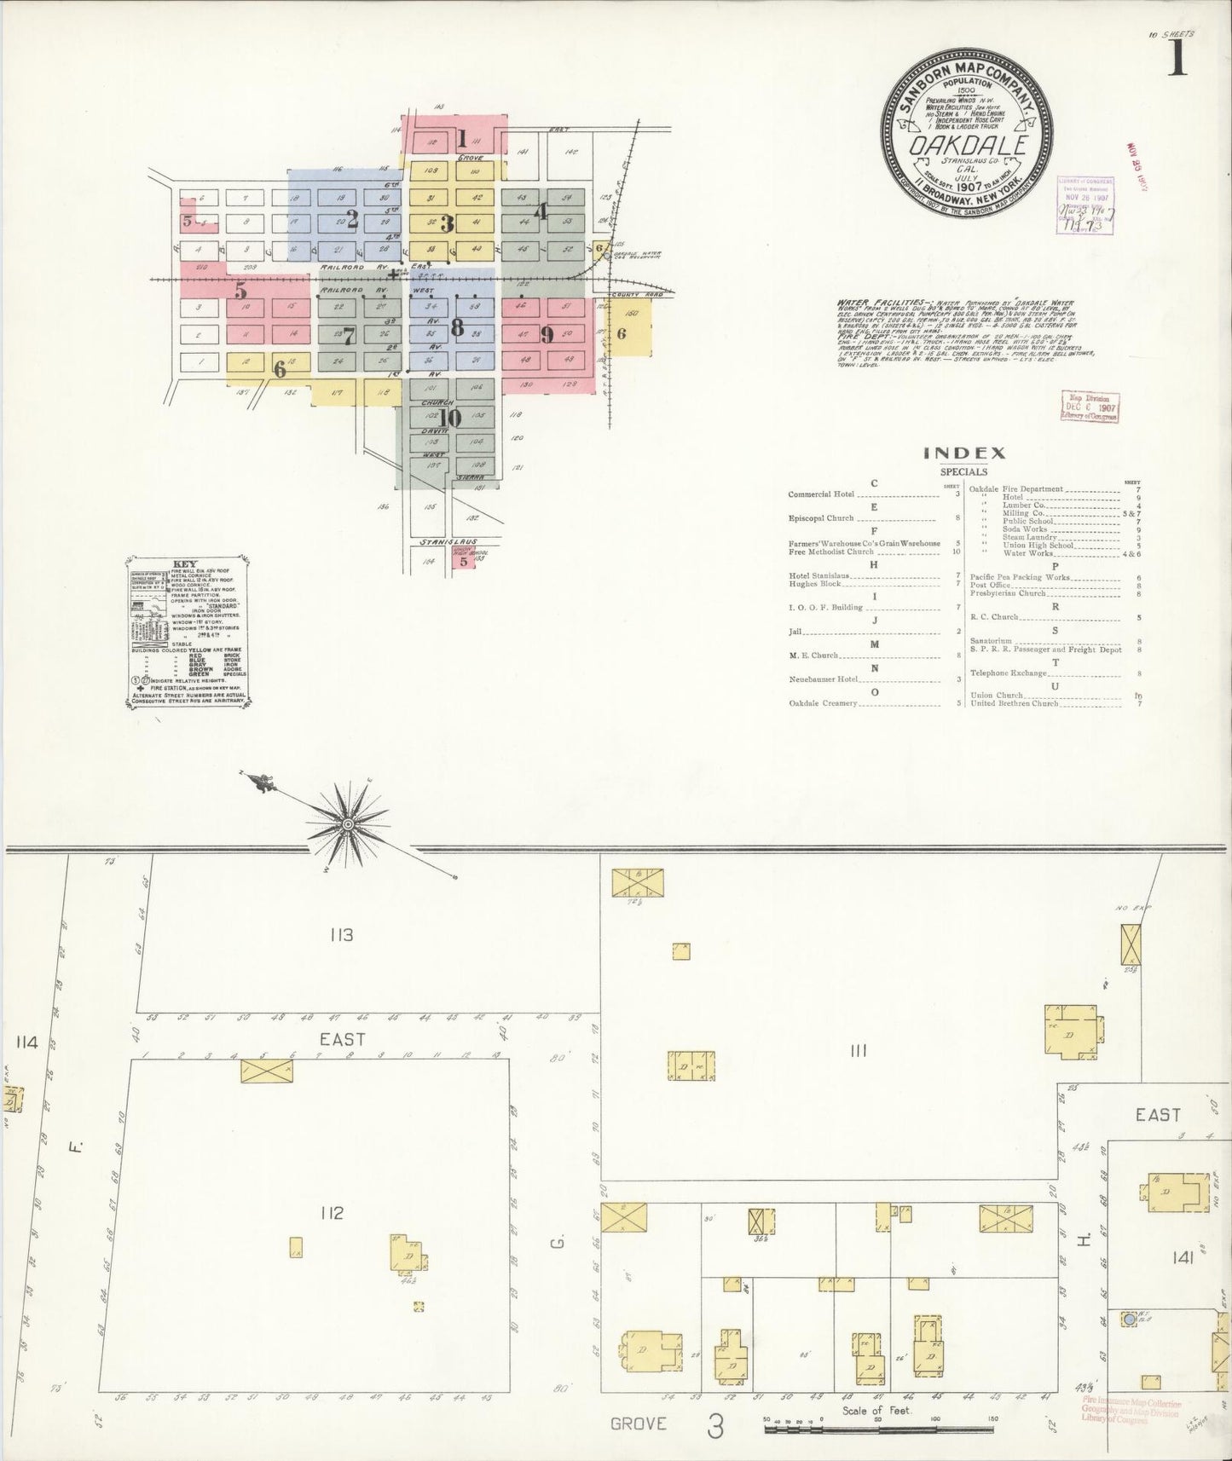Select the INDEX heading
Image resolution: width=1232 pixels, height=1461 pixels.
point(964,453)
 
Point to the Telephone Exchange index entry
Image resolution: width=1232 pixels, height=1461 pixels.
point(1008,673)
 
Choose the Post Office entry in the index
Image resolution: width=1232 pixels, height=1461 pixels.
point(991,585)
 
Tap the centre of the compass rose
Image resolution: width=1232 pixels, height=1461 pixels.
point(348,824)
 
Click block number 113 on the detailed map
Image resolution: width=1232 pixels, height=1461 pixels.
point(340,935)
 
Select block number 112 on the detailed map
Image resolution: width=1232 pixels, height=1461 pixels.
point(332,1212)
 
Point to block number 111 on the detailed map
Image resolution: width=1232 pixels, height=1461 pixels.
point(858,1051)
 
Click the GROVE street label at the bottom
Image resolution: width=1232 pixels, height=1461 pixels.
point(639,1423)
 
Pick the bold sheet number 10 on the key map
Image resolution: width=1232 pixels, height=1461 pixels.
point(449,418)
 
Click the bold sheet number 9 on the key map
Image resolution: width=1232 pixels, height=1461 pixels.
point(547,335)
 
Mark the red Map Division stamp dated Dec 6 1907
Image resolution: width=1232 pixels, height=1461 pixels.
point(1089,407)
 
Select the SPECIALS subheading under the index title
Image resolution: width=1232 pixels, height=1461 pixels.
point(963,471)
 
